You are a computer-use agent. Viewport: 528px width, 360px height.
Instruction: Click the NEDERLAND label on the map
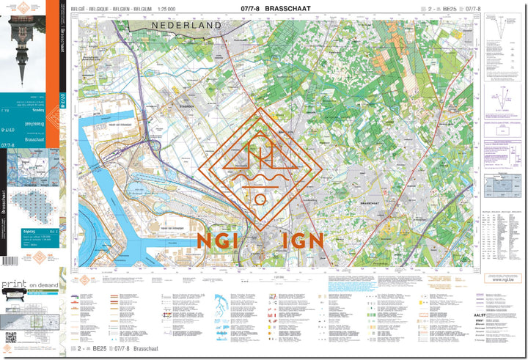pos(187,26)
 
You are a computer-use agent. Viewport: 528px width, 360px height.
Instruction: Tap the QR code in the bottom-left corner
pos(11,338)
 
